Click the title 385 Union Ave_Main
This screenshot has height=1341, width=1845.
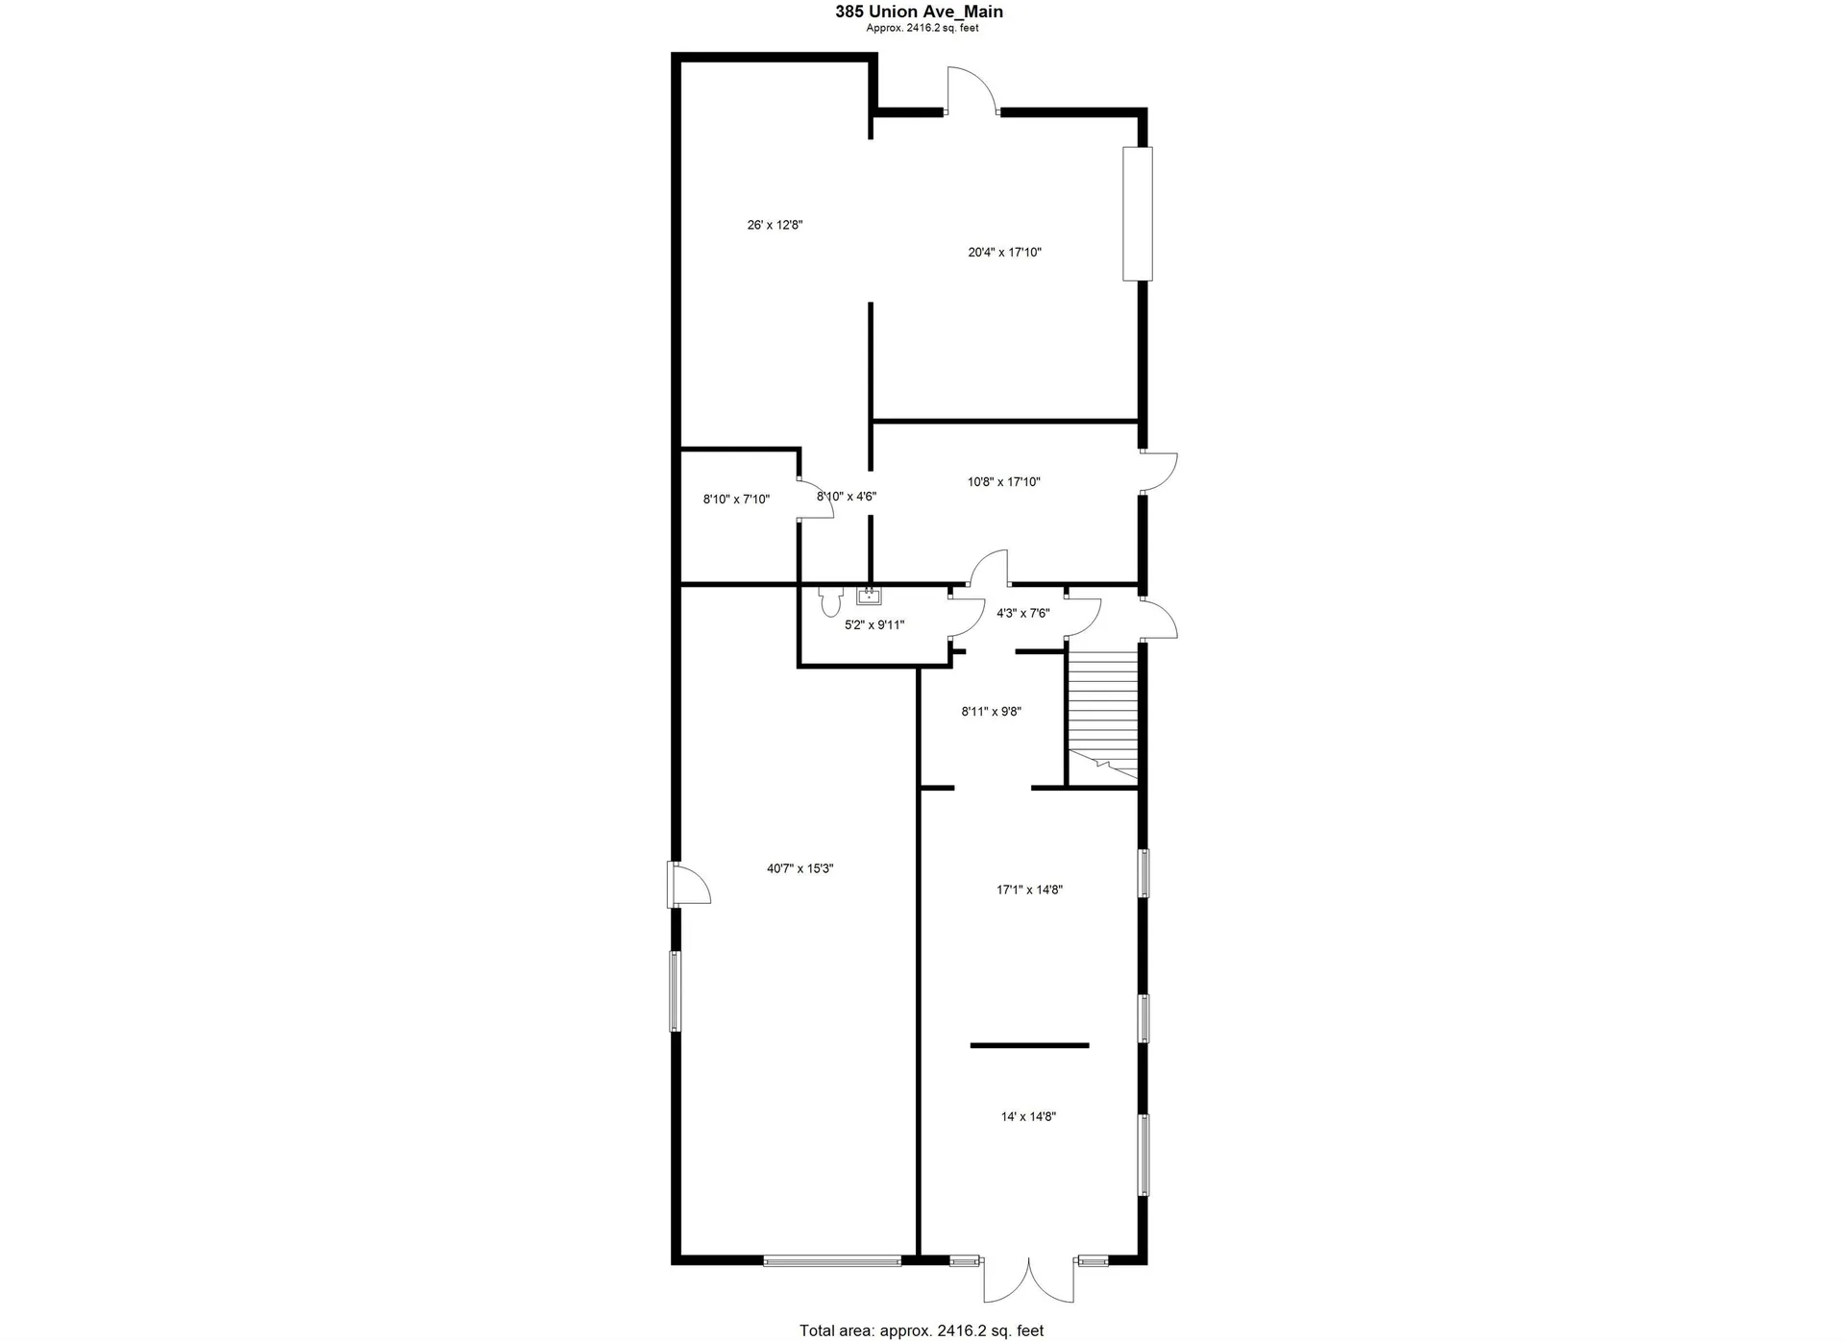919,12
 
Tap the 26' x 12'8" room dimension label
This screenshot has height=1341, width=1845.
775,226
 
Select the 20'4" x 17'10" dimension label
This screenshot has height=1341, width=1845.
1004,253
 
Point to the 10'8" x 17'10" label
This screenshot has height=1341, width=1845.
1003,482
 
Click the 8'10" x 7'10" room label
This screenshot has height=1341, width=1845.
736,500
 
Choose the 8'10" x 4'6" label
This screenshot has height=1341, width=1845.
846,497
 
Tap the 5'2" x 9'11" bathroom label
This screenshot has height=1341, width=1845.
873,625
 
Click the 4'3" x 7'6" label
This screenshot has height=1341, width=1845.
1022,613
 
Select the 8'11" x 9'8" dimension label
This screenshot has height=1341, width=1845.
991,712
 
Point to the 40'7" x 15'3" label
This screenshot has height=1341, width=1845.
799,869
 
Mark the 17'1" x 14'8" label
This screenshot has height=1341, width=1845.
1028,890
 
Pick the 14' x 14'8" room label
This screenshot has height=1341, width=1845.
1028,1117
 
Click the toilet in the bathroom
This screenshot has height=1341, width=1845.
829,602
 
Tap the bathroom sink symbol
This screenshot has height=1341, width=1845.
869,596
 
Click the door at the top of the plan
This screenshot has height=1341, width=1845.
971,91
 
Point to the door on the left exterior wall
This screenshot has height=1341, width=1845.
688,884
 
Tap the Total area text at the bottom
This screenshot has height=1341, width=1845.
921,1330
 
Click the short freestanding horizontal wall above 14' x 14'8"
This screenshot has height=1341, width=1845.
1029,1045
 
